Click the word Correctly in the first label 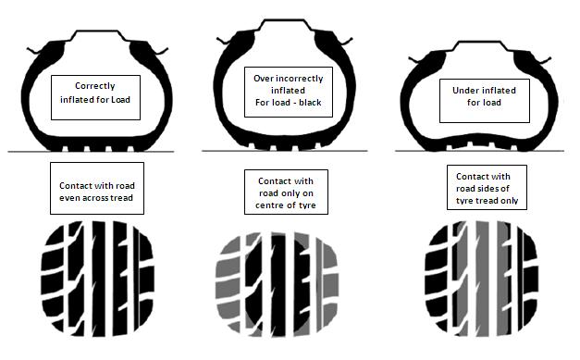(x=95, y=86)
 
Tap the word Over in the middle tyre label (x=262, y=79)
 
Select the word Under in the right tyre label (x=463, y=91)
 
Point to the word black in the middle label (x=310, y=102)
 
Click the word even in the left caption (x=69, y=198)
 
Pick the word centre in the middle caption (x=269, y=205)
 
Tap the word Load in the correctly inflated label (x=120, y=100)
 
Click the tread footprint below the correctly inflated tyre (x=97, y=279)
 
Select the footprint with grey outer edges (x=278, y=284)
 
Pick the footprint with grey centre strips (x=482, y=279)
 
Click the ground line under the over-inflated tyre (x=285, y=151)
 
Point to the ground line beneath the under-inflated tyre (x=479, y=151)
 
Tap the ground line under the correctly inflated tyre (x=91, y=152)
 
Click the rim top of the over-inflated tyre (x=285, y=20)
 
